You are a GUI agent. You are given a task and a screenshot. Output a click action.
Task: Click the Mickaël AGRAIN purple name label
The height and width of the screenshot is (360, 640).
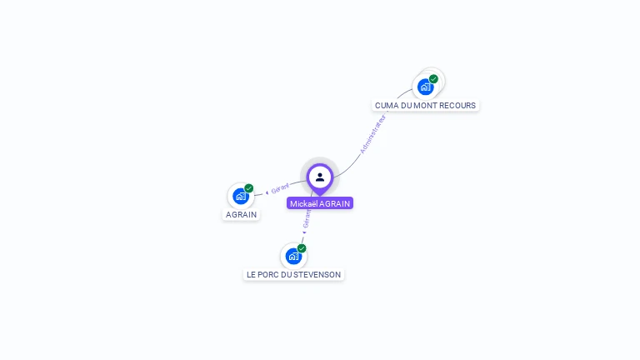pos(320,203)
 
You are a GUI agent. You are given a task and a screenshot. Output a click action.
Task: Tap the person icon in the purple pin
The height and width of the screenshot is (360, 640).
pos(320,177)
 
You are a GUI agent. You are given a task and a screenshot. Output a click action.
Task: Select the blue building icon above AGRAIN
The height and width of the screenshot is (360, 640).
pos(241,197)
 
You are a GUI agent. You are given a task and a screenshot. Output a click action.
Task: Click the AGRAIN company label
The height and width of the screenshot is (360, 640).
pos(241,214)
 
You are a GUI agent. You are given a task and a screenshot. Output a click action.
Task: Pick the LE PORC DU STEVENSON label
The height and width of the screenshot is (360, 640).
pos(293,274)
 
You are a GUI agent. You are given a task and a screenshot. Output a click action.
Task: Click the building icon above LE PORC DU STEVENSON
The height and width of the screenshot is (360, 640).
pos(293,256)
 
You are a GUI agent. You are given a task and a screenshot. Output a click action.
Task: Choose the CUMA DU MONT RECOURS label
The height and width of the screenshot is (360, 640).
pos(425,106)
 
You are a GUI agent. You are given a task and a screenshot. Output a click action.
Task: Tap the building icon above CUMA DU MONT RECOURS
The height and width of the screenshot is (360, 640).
pos(426,87)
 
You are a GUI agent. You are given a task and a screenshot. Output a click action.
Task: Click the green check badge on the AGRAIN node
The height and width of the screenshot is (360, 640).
pos(249,188)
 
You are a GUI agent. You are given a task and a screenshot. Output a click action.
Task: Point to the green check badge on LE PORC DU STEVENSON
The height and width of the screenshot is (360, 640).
pos(302,248)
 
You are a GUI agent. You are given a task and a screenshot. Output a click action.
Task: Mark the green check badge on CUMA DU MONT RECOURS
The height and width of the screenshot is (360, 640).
pos(433,79)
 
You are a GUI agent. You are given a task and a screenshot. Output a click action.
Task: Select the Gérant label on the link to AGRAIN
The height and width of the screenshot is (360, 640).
pos(279,188)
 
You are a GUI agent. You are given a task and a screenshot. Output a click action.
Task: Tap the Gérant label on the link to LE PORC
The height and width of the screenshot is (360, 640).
pos(307,219)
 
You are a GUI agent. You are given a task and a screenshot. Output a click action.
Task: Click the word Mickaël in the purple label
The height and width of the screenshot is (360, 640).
pos(304,203)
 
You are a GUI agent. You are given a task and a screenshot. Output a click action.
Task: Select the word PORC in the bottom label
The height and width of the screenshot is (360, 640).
pos(272,274)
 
